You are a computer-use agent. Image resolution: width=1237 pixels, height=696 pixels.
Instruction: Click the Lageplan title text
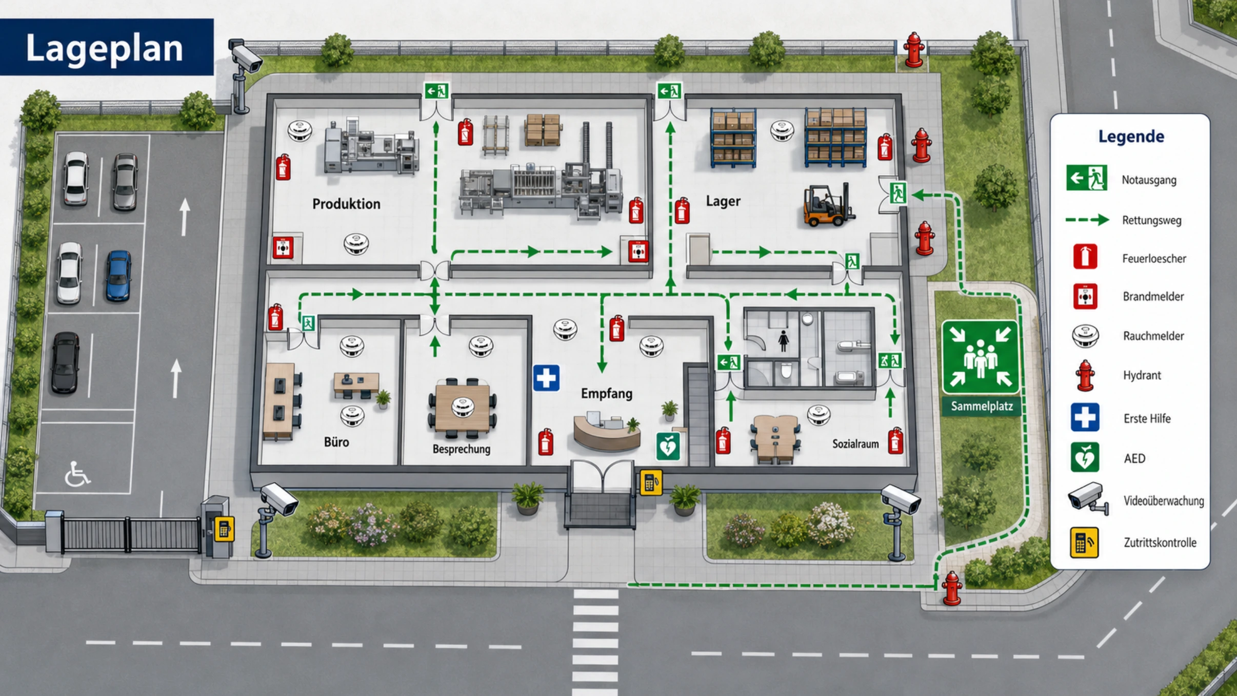[105, 48]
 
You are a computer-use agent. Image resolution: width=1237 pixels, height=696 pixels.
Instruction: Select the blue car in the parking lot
[118, 276]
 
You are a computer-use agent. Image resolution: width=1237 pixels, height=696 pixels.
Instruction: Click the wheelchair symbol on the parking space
[77, 474]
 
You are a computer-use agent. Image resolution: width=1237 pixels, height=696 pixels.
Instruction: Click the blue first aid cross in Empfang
[546, 378]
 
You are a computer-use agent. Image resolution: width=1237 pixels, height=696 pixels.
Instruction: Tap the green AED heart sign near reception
[668, 446]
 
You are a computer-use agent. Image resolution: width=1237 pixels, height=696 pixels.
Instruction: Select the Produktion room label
[346, 204]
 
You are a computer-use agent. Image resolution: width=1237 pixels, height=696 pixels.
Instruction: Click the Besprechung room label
[461, 449]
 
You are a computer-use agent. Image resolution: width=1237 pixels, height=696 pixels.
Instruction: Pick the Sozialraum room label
[855, 444]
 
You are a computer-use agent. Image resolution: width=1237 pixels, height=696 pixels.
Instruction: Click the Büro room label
[336, 442]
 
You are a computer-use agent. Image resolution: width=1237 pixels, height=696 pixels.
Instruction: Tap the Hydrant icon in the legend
[1085, 375]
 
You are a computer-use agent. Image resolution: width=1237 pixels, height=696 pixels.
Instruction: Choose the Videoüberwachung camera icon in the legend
[1088, 498]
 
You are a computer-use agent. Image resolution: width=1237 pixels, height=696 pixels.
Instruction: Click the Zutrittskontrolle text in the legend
[1160, 543]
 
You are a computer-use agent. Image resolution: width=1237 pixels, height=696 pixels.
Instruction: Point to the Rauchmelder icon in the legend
[1085, 336]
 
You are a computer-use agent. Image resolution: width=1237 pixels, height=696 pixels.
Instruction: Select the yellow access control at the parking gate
[224, 529]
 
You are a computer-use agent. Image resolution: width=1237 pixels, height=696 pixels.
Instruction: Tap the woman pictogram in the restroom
[783, 341]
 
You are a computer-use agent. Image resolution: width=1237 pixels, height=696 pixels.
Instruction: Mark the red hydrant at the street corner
[951, 588]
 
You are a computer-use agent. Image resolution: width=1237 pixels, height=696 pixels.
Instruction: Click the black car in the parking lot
[65, 362]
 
